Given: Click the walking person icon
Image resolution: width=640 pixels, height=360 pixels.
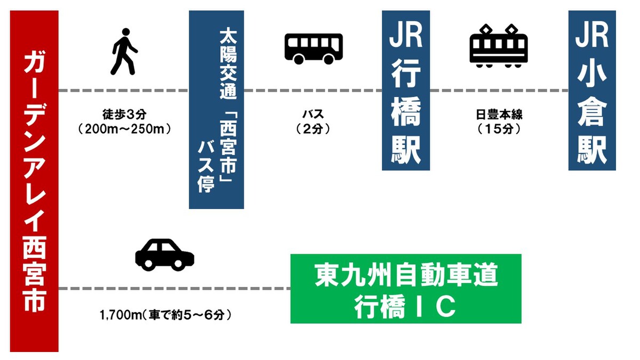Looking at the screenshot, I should point(124,52).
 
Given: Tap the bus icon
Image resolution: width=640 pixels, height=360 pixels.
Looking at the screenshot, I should point(313,48).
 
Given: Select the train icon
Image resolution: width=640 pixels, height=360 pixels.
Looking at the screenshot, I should point(499,46).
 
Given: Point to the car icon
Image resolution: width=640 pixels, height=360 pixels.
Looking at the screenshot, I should point(164,254).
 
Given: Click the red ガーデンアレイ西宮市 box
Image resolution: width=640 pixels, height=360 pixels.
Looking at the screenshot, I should point(34,181).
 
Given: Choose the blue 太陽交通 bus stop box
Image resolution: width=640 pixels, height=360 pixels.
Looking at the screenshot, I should point(216,109).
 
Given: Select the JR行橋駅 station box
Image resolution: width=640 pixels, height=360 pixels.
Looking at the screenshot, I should point(406,91).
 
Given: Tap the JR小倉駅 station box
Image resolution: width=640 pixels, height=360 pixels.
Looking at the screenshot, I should point(592,91).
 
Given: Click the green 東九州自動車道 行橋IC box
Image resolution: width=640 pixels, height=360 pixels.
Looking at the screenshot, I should point(405,289).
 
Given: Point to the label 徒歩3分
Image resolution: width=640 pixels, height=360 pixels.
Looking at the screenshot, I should point(124,115).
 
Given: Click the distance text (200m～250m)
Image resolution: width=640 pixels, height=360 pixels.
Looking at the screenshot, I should point(124,129).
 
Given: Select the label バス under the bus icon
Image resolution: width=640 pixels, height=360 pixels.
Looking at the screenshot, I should point(313,115).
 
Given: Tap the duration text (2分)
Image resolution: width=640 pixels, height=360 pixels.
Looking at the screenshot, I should point(313,129).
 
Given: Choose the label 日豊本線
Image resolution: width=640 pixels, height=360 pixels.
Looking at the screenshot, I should point(499,115).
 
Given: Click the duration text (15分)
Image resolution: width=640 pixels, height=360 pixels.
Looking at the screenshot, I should point(499,129).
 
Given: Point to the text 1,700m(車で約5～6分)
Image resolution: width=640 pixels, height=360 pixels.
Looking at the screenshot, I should point(165,315).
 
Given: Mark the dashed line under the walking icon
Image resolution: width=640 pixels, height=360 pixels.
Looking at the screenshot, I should point(124,91).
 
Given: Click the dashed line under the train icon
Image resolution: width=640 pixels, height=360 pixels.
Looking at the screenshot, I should point(499,91).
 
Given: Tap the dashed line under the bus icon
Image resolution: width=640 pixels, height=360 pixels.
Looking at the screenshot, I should point(313,91).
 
